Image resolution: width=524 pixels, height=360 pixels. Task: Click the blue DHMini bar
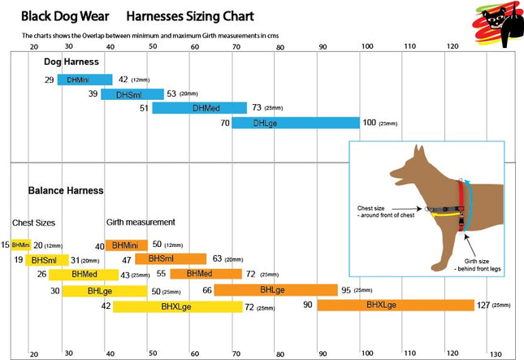coord(84,80)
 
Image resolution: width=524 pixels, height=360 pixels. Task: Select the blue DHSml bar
coord(132,94)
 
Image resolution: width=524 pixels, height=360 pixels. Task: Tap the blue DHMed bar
coord(199,108)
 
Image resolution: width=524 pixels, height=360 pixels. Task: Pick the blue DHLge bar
coord(296,123)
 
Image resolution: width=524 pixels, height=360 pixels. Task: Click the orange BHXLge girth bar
coord(396,306)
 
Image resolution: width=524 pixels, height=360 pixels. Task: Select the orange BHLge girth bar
coord(275,290)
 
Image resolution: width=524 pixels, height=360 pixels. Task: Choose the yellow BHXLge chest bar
coord(176,306)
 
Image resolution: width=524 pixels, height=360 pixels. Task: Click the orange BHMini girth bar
coord(127,245)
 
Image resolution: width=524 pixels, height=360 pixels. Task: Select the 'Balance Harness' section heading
coord(66,191)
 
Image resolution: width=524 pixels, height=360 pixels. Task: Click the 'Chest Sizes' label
coord(33,222)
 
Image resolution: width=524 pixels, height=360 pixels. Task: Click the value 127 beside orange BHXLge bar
coord(484,306)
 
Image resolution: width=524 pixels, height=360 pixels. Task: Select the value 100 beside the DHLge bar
coord(370,123)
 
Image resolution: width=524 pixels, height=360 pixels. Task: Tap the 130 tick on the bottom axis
coord(496,354)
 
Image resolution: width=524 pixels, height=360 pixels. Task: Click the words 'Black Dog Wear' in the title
coord(66,15)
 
